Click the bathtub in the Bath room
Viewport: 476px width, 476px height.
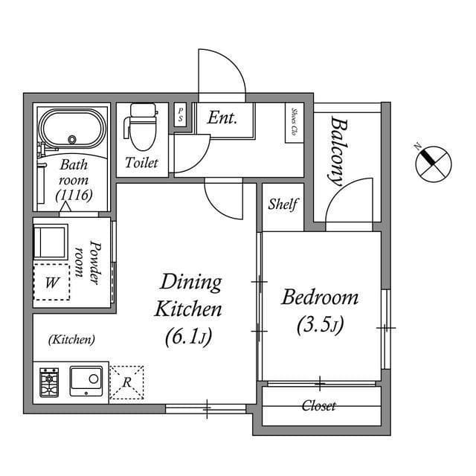tap(73, 129)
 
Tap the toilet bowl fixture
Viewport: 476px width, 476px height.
tap(142, 123)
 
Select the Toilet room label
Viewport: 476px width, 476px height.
tap(141, 163)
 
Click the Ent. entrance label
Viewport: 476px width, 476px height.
tap(222, 118)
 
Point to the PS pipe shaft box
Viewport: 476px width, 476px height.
tap(180, 115)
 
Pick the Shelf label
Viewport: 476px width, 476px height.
tap(283, 204)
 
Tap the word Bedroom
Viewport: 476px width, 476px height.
tap(319, 298)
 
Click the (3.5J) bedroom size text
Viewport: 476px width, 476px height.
tap(319, 325)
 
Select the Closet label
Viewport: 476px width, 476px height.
tap(318, 406)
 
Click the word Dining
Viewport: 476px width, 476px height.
tap(191, 283)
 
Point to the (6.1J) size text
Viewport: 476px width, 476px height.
tap(189, 337)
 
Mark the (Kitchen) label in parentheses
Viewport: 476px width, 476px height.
tap(71, 340)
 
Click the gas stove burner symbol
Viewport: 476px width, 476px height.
tap(49, 382)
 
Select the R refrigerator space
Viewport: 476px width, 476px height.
tap(126, 382)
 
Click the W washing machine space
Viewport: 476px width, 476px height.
tap(51, 283)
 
